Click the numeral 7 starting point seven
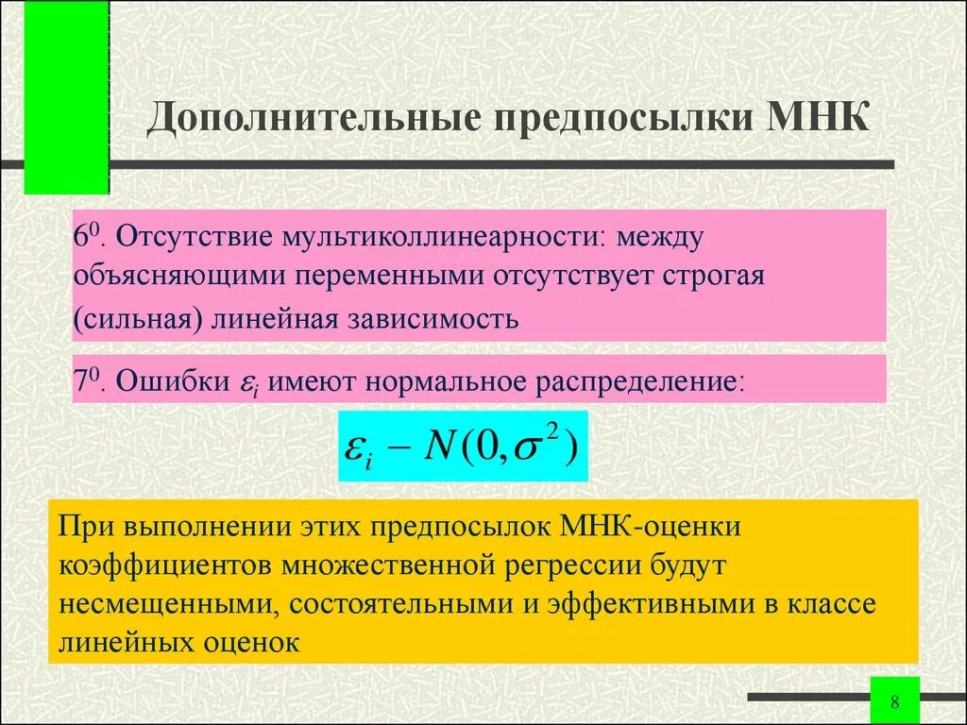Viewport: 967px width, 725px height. pos(81,381)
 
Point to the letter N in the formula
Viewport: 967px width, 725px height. pos(441,446)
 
